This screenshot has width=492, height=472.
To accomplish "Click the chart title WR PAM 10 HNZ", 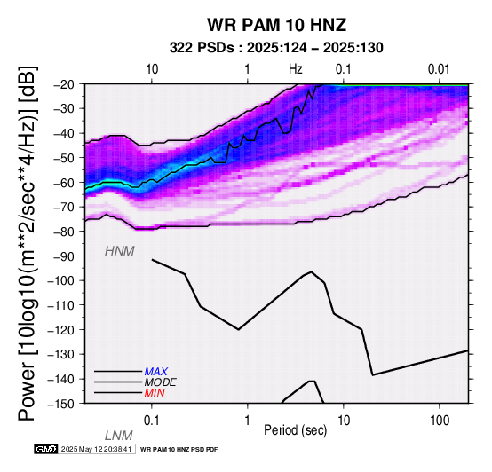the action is click(x=277, y=25).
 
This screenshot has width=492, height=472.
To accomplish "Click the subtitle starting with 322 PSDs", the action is click(x=276, y=48).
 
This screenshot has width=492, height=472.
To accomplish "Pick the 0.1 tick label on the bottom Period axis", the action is click(x=152, y=421).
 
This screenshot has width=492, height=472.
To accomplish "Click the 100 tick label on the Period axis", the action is click(x=440, y=421).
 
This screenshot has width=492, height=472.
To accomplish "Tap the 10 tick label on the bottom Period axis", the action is click(x=344, y=421).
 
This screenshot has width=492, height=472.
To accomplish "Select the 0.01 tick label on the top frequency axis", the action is click(x=439, y=69).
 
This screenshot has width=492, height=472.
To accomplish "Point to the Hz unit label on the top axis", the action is click(x=296, y=69).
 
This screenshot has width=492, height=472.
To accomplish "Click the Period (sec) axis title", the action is click(x=295, y=430).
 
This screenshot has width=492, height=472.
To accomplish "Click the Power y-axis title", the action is click(x=28, y=243).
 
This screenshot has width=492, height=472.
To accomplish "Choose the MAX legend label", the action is click(x=156, y=372).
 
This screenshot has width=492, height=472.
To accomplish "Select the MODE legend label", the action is click(x=161, y=382).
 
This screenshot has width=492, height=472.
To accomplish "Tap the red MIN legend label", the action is click(x=155, y=393).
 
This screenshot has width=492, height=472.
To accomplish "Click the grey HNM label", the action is click(x=120, y=251).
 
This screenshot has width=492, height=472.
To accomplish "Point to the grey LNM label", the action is click(x=119, y=436).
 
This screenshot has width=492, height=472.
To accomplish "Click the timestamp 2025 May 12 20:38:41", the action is click(x=96, y=450).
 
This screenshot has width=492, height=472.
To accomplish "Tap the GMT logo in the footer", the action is click(x=46, y=449).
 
